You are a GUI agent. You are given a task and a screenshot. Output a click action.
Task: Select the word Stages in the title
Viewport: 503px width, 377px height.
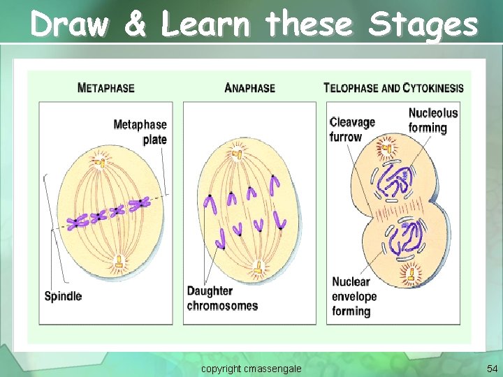(423, 26)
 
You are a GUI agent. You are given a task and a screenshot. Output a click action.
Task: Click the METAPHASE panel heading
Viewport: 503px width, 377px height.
(106, 88)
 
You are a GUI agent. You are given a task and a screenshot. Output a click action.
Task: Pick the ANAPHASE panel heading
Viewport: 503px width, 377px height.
(250, 88)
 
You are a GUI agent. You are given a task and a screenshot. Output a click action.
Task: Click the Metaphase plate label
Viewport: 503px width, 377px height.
(140, 132)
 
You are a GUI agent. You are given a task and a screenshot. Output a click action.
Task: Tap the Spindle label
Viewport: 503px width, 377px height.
(63, 296)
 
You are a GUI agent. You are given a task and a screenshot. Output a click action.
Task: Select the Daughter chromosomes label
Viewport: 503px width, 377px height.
(222, 298)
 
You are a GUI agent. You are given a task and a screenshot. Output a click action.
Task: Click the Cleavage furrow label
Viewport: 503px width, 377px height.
(352, 129)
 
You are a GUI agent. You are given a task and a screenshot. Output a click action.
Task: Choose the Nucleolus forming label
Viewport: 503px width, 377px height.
(433, 120)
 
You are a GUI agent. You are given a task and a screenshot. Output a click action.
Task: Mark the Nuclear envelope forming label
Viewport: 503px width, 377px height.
(354, 296)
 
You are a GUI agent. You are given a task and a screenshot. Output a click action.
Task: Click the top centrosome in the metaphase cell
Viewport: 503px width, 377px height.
(100, 161)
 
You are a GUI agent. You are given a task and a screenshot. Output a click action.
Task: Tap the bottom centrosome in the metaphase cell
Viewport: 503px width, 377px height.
(119, 263)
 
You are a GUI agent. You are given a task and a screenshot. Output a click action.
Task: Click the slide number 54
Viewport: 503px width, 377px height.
(491, 367)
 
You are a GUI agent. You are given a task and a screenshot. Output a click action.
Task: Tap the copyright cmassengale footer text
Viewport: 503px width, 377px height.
(251, 367)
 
